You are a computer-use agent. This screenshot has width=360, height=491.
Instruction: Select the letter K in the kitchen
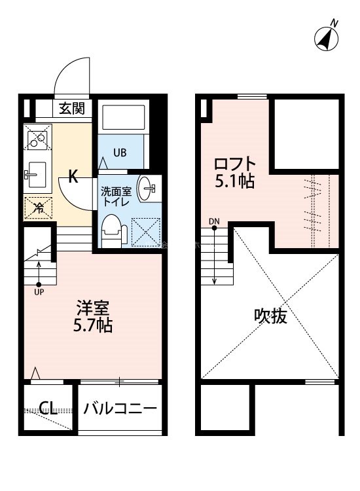click(x=74, y=176)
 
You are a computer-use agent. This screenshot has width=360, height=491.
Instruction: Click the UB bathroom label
click(x=120, y=153)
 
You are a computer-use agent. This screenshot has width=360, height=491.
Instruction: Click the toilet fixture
click(x=113, y=232)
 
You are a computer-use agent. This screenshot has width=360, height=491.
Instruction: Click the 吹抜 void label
click(x=270, y=317)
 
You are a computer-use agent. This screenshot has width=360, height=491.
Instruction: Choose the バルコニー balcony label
click(x=120, y=409)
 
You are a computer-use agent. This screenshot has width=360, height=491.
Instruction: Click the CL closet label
click(x=47, y=409)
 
